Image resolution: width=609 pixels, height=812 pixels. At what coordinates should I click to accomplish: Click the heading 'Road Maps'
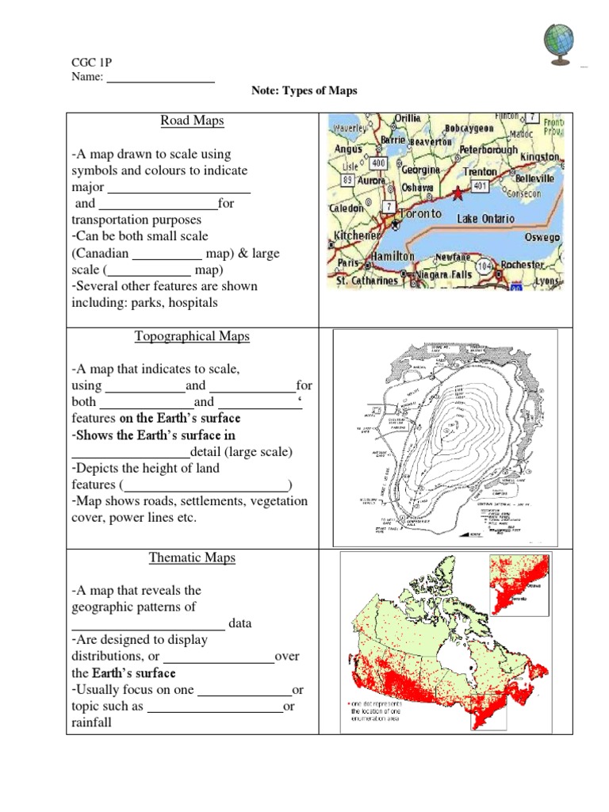click(x=192, y=121)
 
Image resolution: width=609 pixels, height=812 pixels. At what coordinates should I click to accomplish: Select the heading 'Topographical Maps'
click(x=192, y=336)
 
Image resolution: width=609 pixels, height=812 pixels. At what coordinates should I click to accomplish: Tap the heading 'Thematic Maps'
click(x=192, y=558)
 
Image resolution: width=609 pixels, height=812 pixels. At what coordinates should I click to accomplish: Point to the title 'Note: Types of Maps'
click(x=304, y=91)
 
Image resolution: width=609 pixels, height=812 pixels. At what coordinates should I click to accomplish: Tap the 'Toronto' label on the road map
click(x=420, y=214)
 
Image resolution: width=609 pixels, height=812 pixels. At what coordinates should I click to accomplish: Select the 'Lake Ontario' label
click(x=486, y=218)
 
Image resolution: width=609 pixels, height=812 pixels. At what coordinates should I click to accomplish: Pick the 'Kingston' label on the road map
click(x=540, y=158)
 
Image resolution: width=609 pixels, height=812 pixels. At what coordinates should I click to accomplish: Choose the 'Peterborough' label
click(x=488, y=148)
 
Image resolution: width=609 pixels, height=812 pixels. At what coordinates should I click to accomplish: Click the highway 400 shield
click(x=379, y=163)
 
